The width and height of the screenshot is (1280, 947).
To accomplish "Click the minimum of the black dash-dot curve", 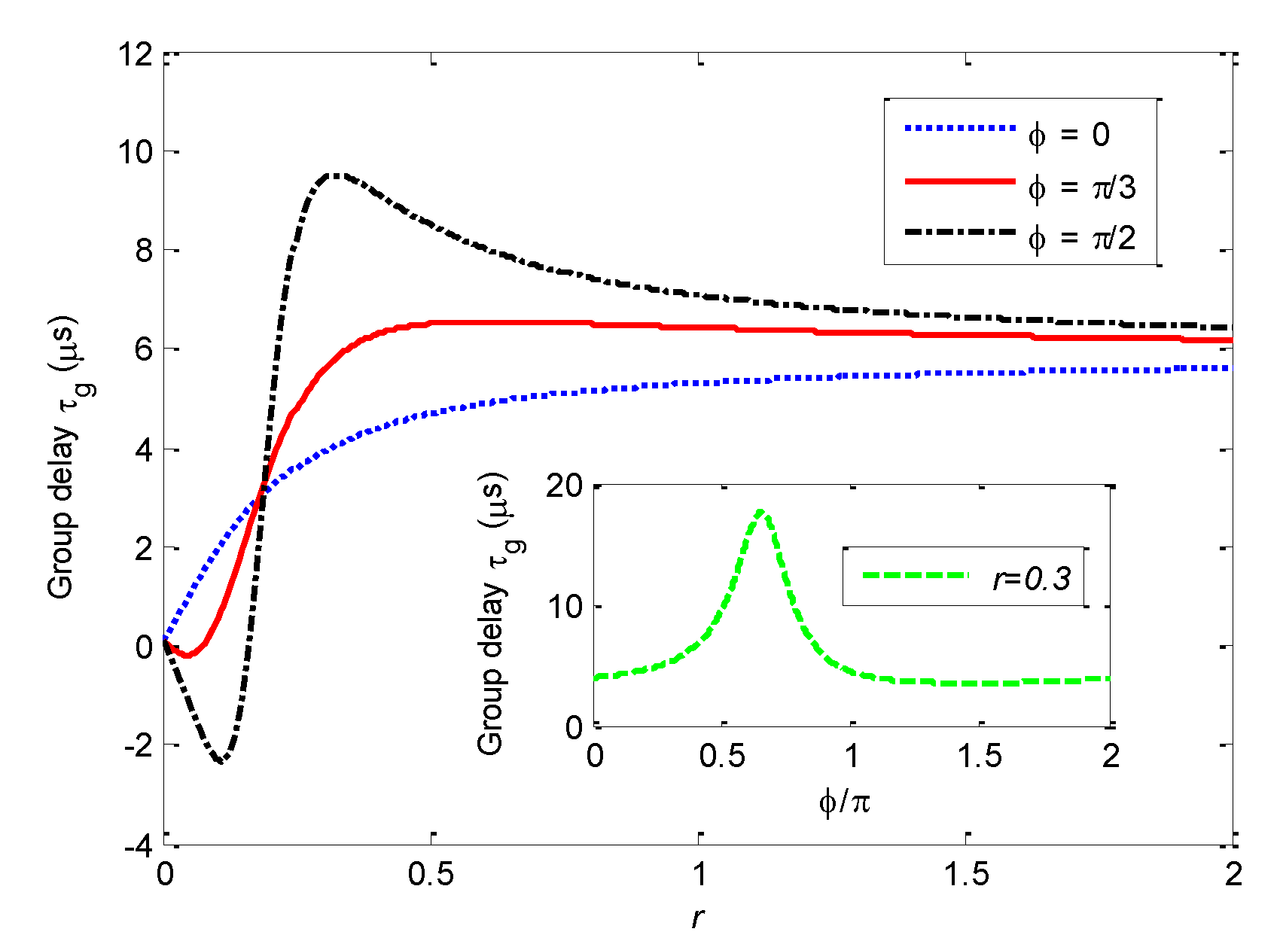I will pos(221,761).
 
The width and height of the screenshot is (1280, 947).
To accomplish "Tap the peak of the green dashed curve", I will pos(762,512).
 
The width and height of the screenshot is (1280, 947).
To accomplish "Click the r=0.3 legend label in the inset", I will pos(1032,579).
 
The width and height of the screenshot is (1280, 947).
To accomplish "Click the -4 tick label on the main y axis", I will pos(139,845).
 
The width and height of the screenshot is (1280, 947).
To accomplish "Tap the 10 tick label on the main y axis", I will pos(136,153).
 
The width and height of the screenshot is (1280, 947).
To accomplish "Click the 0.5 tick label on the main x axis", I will pos(431,875).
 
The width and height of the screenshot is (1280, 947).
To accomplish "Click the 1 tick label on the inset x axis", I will pos(852,756).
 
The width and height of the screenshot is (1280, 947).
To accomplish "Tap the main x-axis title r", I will pos(698,917).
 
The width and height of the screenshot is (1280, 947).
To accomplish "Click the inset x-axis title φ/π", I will pos(845,802).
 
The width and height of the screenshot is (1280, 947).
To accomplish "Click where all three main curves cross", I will pos(262,486).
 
